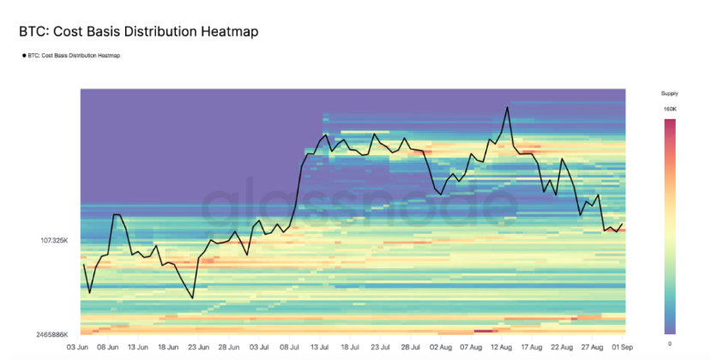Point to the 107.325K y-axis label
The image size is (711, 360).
click(x=54, y=240)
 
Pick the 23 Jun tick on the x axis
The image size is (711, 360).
click(x=198, y=348)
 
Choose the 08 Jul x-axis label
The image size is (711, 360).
click(x=289, y=348)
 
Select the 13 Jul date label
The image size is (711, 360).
click(x=320, y=348)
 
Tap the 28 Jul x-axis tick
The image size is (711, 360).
click(x=410, y=348)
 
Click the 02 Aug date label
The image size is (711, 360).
click(x=440, y=348)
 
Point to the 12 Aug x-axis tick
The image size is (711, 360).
click(x=502, y=348)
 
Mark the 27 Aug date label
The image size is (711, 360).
click(x=592, y=348)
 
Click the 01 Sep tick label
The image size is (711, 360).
click(x=622, y=348)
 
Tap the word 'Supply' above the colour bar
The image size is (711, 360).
click(x=669, y=93)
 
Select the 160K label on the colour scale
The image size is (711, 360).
click(x=669, y=109)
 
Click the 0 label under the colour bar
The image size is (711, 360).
click(x=669, y=342)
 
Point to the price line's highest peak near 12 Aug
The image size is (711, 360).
click(x=508, y=107)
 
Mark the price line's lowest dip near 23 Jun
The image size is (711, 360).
click(x=193, y=298)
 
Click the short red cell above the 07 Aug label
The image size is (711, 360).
click(x=483, y=330)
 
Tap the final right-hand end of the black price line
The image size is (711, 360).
click(x=623, y=224)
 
